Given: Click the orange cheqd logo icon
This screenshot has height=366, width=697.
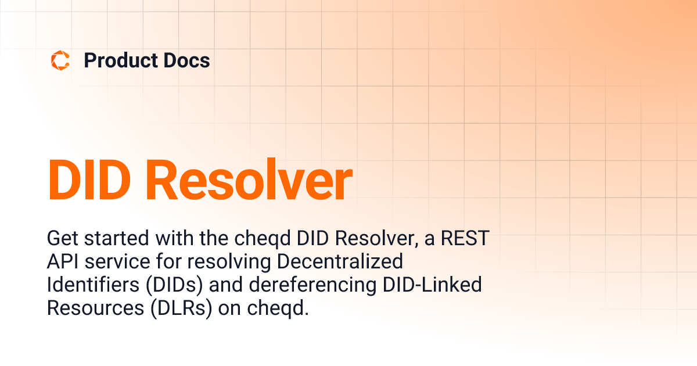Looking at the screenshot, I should pyautogui.click(x=60, y=60).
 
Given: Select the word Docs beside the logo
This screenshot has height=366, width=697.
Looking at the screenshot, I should pyautogui.click(x=185, y=60).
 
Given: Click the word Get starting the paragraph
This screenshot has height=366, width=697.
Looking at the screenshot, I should pyautogui.click(x=61, y=239).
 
